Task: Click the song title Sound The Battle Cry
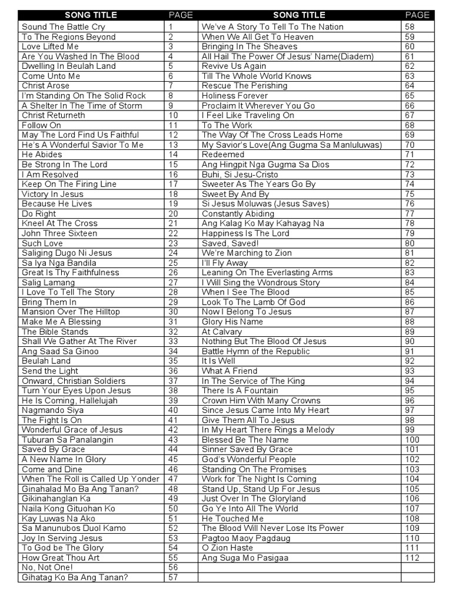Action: pyautogui.click(x=64, y=27)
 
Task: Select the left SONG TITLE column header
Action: pyautogui.click(x=91, y=15)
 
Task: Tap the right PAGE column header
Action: pyautogui.click(x=417, y=15)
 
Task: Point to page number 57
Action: pyautogui.click(x=173, y=577)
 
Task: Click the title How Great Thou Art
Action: pyautogui.click(x=61, y=558)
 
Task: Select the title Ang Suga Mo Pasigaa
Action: pyautogui.click(x=245, y=558)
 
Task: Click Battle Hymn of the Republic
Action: pyautogui.click(x=255, y=352)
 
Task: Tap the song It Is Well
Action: pyautogui.click(x=218, y=361)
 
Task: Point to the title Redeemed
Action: pyautogui.click(x=223, y=155)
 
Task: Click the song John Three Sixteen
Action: pyautogui.click(x=59, y=233)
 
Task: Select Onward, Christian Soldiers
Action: pyautogui.click(x=74, y=381)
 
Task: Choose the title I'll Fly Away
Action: pyautogui.click(x=225, y=263)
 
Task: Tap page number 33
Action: pyautogui.click(x=173, y=342)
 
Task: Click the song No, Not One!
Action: pyautogui.click(x=48, y=568)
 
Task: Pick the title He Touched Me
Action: pyautogui.click(x=232, y=519)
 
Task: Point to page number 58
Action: pyautogui.click(x=410, y=27)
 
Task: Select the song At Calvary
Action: pyautogui.click(x=222, y=332)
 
